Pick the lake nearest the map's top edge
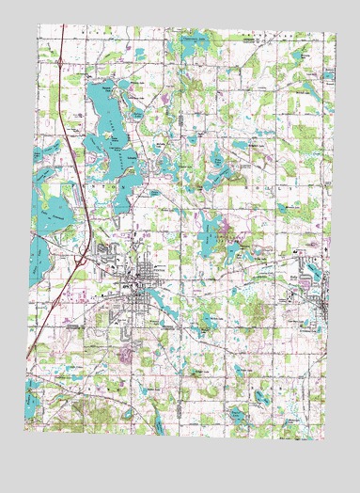pos(196,41)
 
